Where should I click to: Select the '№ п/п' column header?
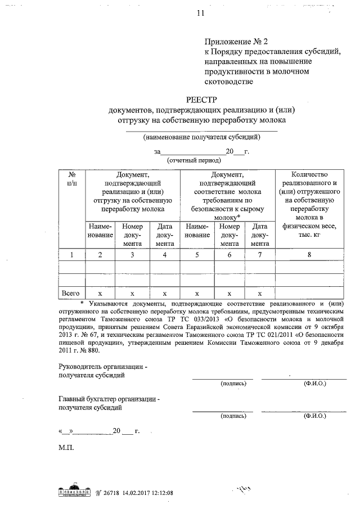coord(71,179)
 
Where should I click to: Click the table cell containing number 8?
coord(309,255)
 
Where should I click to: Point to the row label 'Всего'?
coord(71,293)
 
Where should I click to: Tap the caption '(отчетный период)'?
coord(193,160)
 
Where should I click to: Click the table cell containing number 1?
coord(71,255)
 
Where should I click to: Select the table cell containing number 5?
coord(197,255)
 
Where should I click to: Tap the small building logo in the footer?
coord(75,491)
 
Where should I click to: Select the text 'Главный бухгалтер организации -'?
coord(109,399)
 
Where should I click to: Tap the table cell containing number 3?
coord(132,255)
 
